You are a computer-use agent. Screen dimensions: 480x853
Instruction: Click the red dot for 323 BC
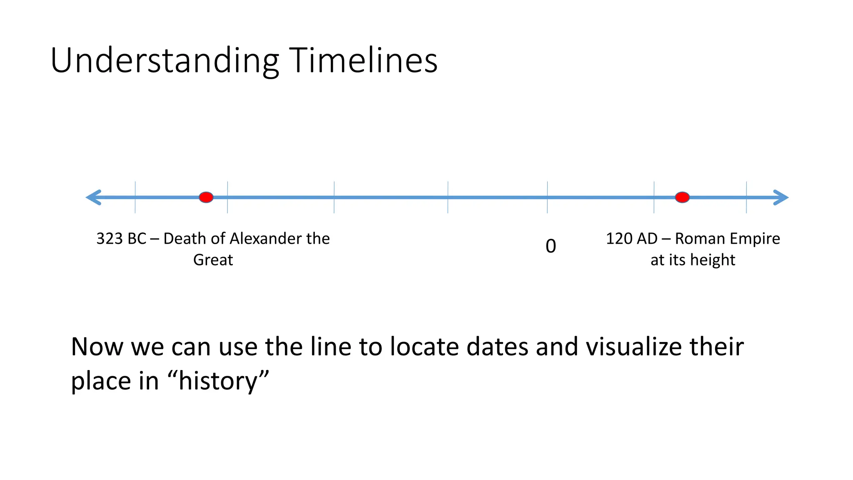point(206,197)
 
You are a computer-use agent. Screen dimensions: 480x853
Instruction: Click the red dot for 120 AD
point(682,197)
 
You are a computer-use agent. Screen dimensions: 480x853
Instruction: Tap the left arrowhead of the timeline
point(93,197)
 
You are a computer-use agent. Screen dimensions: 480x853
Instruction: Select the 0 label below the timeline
point(551,246)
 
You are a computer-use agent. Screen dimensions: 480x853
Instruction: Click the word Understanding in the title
point(165,61)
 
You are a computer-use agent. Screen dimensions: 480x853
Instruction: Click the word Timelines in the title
point(363,61)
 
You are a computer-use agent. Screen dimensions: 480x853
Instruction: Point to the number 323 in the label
point(110,239)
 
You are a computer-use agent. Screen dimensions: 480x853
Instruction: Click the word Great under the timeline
point(213,260)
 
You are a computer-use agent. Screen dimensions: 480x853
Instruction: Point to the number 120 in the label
point(619,239)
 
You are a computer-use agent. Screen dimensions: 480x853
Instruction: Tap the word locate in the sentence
point(424,347)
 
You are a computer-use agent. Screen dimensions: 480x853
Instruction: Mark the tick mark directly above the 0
point(547,197)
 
